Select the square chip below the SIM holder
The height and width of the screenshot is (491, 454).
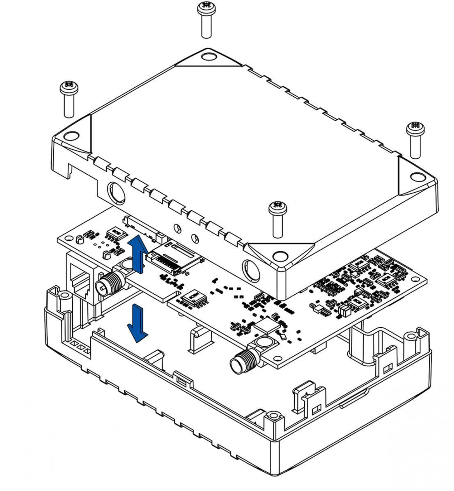[x=193, y=298]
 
